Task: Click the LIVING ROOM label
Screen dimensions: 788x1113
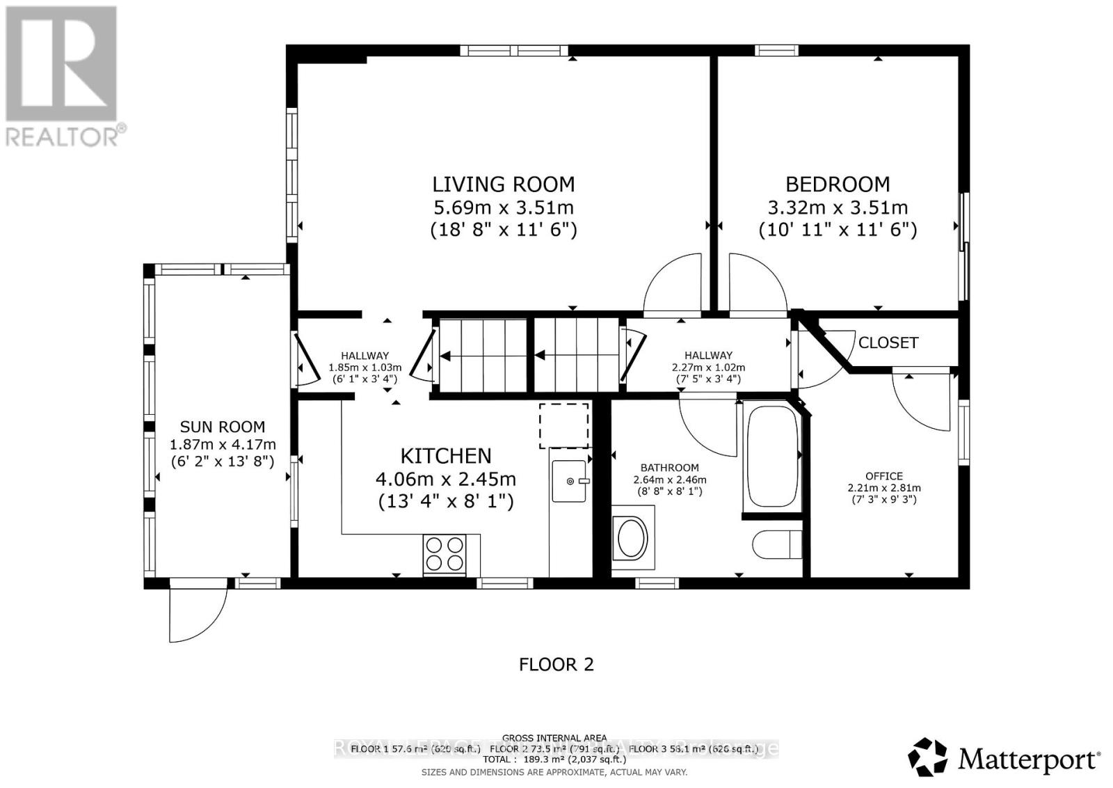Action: pos(504,184)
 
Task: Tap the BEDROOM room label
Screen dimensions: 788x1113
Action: pos(838,184)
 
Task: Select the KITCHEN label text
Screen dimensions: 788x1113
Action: pos(445,456)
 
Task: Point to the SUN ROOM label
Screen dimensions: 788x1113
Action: pos(223,427)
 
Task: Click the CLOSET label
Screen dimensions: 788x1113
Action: pos(888,342)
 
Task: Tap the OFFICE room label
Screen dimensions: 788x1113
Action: pos(884,476)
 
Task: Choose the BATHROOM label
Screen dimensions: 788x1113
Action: pos(669,468)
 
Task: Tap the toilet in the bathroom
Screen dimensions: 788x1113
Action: pos(777,544)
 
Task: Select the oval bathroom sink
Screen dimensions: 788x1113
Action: pos(632,539)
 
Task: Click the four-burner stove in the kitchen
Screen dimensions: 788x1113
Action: pos(444,554)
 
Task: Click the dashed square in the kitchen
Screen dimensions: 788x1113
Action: pos(564,425)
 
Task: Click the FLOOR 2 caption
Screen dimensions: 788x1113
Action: pos(556,665)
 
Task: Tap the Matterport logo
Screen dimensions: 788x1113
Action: pos(1004,757)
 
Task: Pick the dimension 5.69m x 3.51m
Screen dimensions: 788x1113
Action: pos(504,207)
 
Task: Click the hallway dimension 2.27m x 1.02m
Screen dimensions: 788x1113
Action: pos(708,368)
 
